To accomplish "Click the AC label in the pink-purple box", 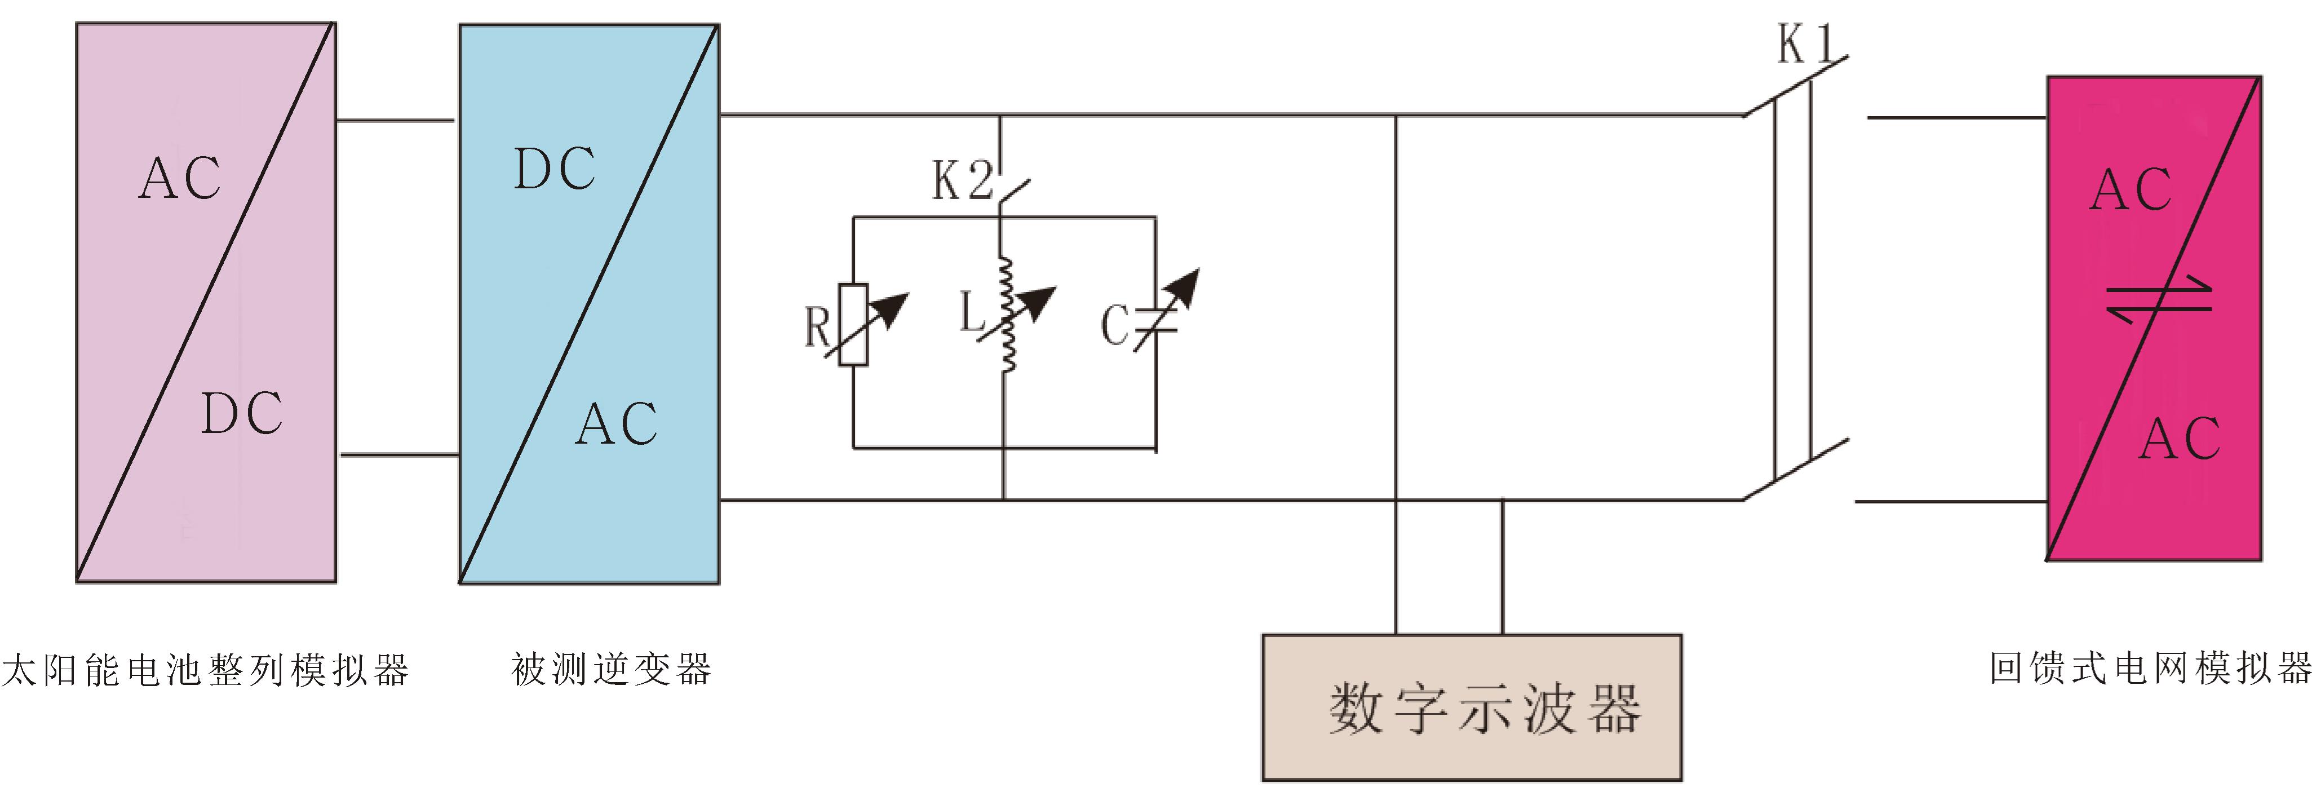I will pos(179,178).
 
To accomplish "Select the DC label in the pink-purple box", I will pos(241,414).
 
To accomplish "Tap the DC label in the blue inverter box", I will pos(554,169).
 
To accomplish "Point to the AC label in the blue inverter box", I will pos(617,423).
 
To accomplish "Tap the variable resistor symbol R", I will pos(853,325).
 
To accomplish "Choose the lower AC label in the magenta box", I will pos(2178,439).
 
